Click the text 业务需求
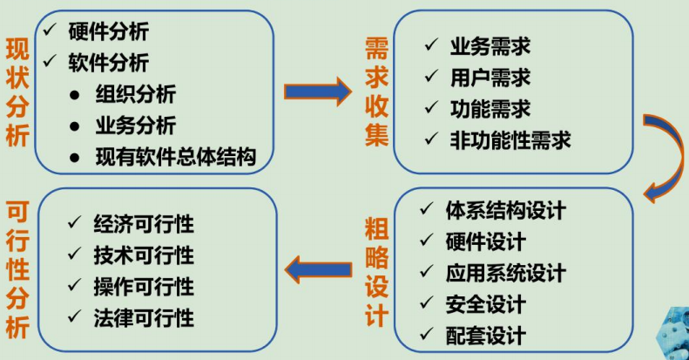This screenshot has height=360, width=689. [x=490, y=46]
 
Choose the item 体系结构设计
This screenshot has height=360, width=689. [x=505, y=210]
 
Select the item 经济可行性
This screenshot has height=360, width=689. [x=143, y=224]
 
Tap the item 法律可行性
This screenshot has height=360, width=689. [x=143, y=318]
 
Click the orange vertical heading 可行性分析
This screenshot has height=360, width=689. [x=17, y=270]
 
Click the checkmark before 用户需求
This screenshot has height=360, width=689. [x=431, y=77]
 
